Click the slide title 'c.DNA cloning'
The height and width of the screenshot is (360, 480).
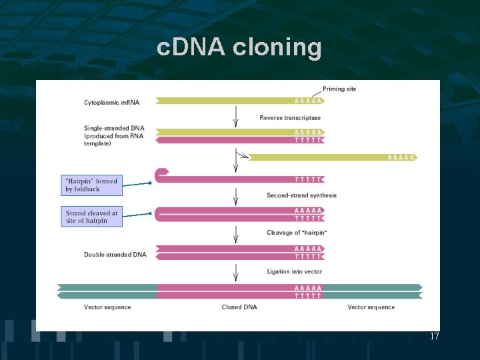pyautogui.click(x=239, y=48)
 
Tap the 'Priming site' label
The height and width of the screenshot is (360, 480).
pyautogui.click(x=339, y=89)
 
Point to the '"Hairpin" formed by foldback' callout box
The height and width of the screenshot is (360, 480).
pyautogui.click(x=92, y=185)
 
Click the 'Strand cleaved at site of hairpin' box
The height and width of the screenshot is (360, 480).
pyautogui.click(x=92, y=217)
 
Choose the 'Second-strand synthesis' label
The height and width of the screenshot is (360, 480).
pyautogui.click(x=301, y=195)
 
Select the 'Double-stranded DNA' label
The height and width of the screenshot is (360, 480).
pyautogui.click(x=115, y=255)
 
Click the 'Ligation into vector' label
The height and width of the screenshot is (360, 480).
pyautogui.click(x=294, y=271)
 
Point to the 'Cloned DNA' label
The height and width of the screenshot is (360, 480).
pyautogui.click(x=239, y=307)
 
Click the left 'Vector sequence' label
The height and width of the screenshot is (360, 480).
pyautogui.click(x=107, y=307)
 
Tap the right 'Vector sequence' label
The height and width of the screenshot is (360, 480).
pyautogui.click(x=371, y=307)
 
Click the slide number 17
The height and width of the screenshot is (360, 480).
pyautogui.click(x=434, y=337)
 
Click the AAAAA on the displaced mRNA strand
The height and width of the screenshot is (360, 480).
pyautogui.click(x=401, y=158)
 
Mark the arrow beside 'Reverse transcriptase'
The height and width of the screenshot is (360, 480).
pyautogui.click(x=235, y=118)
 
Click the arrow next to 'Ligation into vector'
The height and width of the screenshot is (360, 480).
pyautogui.click(x=235, y=272)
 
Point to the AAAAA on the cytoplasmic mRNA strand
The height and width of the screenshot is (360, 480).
pyautogui.click(x=309, y=101)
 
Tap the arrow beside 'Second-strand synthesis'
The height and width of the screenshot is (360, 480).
pyautogui.click(x=235, y=195)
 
